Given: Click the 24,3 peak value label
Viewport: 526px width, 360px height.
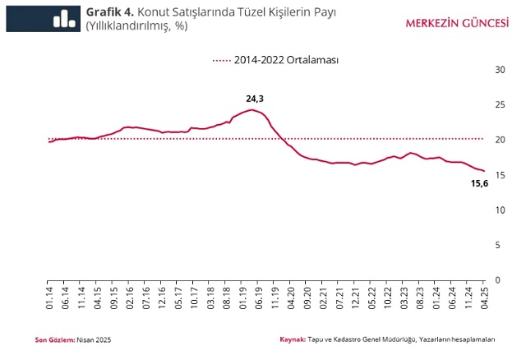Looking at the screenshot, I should (255, 99).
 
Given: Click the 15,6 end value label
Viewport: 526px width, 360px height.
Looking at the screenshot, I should (478, 182).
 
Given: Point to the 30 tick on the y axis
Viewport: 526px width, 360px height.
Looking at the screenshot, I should (498, 69).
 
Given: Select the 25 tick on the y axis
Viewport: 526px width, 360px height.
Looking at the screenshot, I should (498, 104).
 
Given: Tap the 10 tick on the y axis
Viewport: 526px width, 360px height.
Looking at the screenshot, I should (498, 210).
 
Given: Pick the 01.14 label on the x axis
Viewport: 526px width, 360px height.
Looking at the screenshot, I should (50, 297).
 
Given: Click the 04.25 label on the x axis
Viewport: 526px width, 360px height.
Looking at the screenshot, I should (485, 297).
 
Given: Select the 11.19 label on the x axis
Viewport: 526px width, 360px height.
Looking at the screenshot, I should (275, 297).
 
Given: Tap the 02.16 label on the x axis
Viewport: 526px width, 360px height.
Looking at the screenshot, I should (131, 297).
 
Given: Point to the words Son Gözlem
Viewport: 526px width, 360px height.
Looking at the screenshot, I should (53, 339).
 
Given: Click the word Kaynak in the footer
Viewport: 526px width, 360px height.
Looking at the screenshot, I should (292, 339).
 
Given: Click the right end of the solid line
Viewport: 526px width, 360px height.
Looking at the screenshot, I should (485, 171).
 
